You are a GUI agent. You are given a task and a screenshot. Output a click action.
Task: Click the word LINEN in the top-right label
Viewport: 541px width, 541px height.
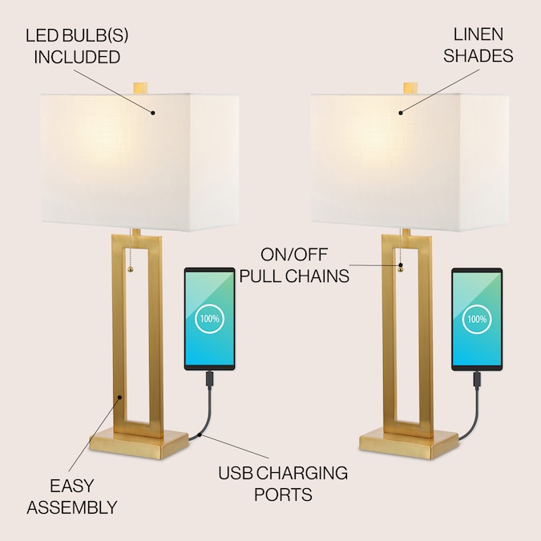(478, 34)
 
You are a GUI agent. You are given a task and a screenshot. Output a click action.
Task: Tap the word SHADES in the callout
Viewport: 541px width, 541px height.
(478, 56)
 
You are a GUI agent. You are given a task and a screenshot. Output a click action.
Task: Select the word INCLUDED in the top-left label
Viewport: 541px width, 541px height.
(77, 57)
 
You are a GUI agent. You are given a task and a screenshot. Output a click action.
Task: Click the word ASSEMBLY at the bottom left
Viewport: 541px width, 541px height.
(72, 507)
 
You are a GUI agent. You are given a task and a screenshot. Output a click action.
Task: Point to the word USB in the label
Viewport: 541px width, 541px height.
(236, 473)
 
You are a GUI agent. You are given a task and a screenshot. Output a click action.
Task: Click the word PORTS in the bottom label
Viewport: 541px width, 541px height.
(283, 495)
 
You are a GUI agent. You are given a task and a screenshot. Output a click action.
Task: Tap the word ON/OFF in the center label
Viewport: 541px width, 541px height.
(294, 255)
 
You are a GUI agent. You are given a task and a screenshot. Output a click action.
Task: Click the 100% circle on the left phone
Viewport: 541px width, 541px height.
(209, 319)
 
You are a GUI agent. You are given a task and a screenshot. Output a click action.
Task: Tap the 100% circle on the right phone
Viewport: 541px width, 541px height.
(477, 319)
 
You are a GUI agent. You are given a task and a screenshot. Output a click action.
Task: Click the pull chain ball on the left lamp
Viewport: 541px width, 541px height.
(131, 269)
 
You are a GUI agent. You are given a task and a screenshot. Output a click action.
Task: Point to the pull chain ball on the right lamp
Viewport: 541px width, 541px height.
(401, 269)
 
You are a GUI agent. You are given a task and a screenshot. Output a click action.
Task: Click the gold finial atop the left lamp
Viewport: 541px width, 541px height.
(140, 87)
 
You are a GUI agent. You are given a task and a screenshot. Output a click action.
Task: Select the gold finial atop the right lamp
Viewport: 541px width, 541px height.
(410, 87)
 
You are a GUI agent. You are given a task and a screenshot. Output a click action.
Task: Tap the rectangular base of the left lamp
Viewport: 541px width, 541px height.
(139, 444)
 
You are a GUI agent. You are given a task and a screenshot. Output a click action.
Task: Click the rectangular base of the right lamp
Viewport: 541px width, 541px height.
(409, 444)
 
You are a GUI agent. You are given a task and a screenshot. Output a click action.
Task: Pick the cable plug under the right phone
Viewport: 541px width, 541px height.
(477, 380)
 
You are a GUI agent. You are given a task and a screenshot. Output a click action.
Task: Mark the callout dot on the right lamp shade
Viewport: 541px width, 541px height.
(401, 113)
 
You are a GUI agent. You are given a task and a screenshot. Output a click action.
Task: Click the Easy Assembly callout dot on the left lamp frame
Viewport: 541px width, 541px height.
(119, 398)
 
